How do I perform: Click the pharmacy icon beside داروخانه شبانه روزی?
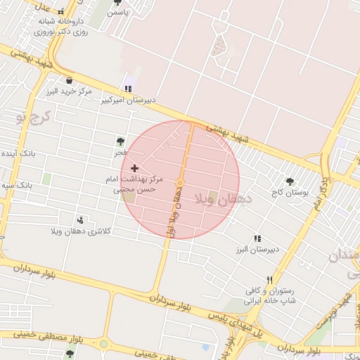point(62,11)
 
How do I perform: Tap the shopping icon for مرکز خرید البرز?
point(69,80)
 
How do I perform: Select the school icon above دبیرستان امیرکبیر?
point(127,89)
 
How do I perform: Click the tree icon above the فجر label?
point(120,141)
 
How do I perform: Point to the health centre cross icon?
point(134,169)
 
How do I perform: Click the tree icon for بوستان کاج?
point(290,181)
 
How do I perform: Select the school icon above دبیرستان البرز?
point(257,239)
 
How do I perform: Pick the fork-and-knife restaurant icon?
point(269,280)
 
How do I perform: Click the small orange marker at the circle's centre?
point(180,183)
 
